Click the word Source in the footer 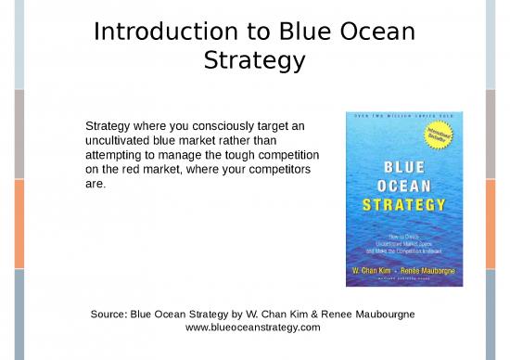pos(108,315)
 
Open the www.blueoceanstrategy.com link pos(253,328)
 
